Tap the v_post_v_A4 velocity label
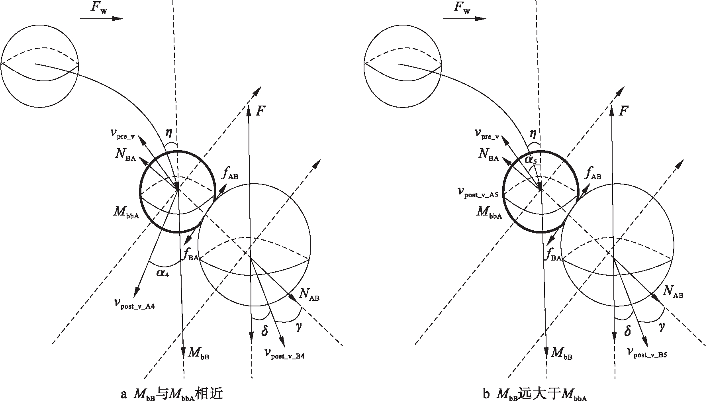point(134,304)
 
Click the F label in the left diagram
point(260,111)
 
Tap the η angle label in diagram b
point(533,133)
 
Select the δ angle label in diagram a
point(264,331)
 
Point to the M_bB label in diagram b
point(562,353)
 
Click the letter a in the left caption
point(123,395)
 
